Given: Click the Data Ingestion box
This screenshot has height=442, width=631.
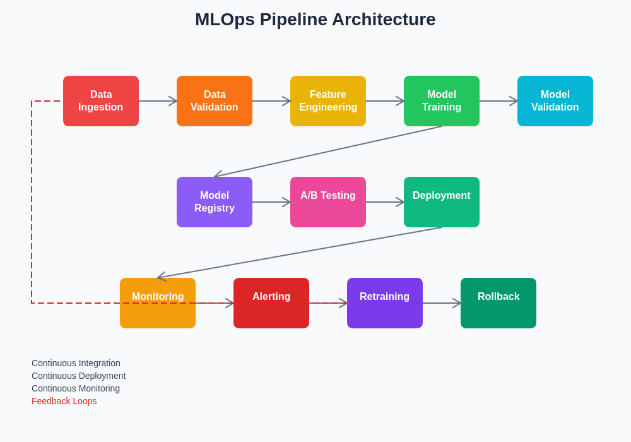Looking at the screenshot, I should click(101, 101).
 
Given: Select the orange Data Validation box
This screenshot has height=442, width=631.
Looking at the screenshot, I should click(215, 101).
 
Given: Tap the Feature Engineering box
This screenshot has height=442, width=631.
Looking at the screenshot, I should click(328, 101).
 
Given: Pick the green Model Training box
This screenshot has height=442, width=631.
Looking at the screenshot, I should click(442, 101).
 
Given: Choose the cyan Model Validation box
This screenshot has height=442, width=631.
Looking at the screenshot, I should click(555, 101).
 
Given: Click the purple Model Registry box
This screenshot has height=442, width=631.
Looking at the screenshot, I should click(215, 202).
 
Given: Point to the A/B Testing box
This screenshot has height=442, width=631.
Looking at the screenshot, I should click(328, 202).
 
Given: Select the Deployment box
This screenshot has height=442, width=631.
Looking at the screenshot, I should click(442, 202).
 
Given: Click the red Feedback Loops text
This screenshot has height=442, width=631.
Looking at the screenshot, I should click(64, 401).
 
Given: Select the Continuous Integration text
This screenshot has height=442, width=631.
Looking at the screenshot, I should click(76, 363).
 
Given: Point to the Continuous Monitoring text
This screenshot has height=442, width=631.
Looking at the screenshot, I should click(76, 388).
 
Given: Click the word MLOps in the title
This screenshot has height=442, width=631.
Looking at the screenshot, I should click(225, 20).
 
